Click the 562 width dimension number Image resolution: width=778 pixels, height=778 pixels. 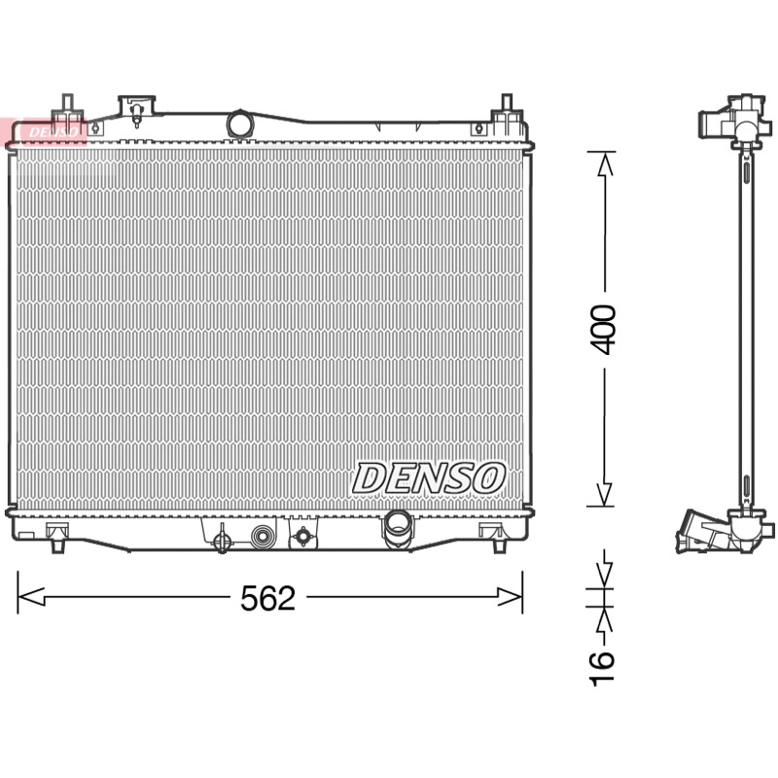(267, 598)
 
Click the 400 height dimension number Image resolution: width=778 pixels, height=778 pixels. (604, 330)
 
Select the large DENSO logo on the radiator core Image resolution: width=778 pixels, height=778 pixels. (429, 478)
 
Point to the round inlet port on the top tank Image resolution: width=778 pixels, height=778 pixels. (239, 124)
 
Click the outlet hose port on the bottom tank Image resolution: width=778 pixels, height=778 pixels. (398, 529)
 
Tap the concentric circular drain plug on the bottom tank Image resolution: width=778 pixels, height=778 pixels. (263, 537)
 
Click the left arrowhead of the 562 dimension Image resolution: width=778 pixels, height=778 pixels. (31, 597)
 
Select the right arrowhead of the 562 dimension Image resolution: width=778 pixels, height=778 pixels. (510, 597)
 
